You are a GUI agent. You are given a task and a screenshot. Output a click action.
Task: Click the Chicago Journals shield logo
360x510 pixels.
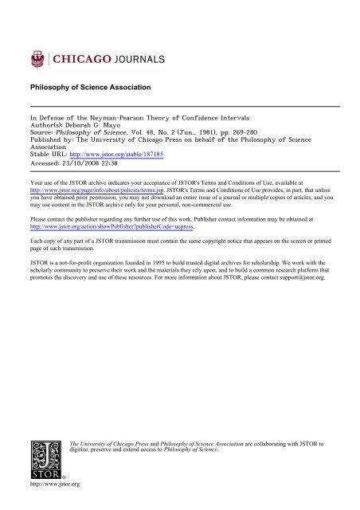tap(36, 57)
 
